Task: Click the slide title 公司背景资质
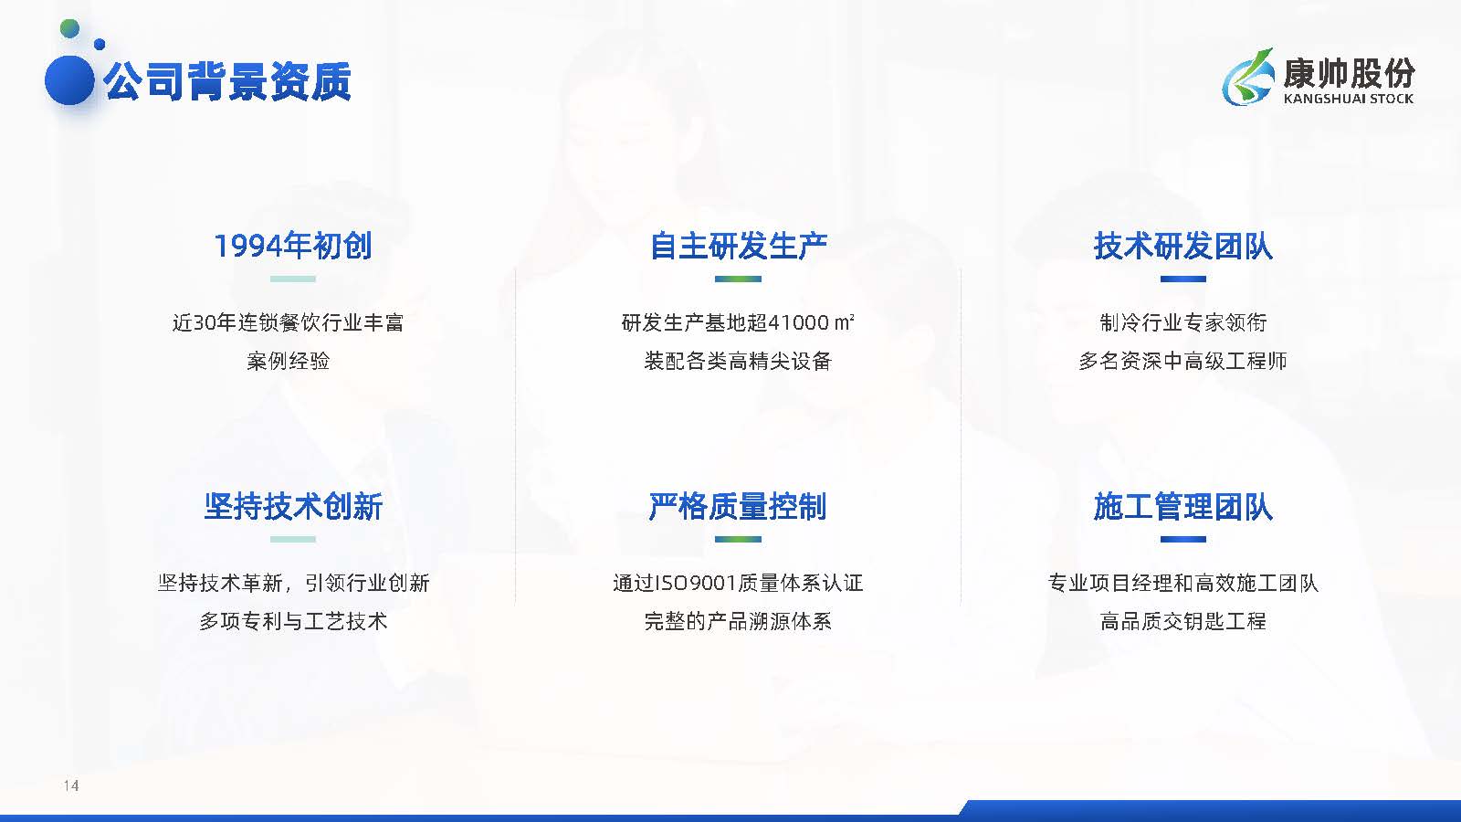click(227, 81)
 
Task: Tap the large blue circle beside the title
click(69, 80)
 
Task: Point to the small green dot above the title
click(69, 28)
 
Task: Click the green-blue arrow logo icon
click(1248, 77)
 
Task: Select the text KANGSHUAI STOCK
click(1348, 99)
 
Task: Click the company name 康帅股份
click(1348, 72)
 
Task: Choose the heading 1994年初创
click(293, 246)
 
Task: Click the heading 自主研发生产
click(739, 246)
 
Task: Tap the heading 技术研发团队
click(1183, 246)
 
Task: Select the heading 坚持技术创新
click(293, 506)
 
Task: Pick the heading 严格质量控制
click(738, 506)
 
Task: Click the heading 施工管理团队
click(1183, 506)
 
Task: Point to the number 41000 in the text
click(799, 322)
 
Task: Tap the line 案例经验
click(289, 361)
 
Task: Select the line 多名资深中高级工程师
click(1182, 361)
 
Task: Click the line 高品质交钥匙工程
click(1182, 621)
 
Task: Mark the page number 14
click(71, 785)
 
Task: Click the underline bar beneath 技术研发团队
click(1183, 279)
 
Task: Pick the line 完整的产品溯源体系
click(738, 621)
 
